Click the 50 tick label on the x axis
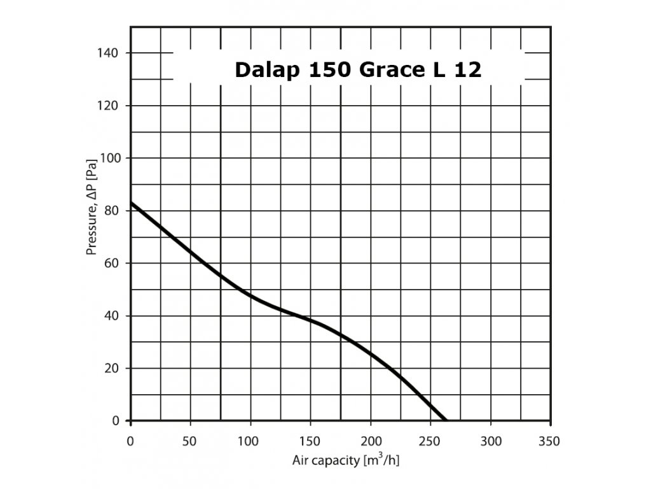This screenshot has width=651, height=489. pyautogui.click(x=190, y=441)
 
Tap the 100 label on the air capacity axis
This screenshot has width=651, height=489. pyautogui.click(x=250, y=441)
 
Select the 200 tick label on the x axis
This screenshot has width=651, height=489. pyautogui.click(x=371, y=441)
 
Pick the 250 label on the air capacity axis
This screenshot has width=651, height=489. pyautogui.click(x=430, y=441)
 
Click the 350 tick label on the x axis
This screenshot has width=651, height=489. pyautogui.click(x=551, y=441)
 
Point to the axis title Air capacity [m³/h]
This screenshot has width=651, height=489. pyautogui.click(x=346, y=460)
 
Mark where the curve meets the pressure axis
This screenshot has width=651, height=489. pyautogui.click(x=131, y=202)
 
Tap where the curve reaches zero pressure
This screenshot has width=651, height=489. pyautogui.click(x=446, y=420)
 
